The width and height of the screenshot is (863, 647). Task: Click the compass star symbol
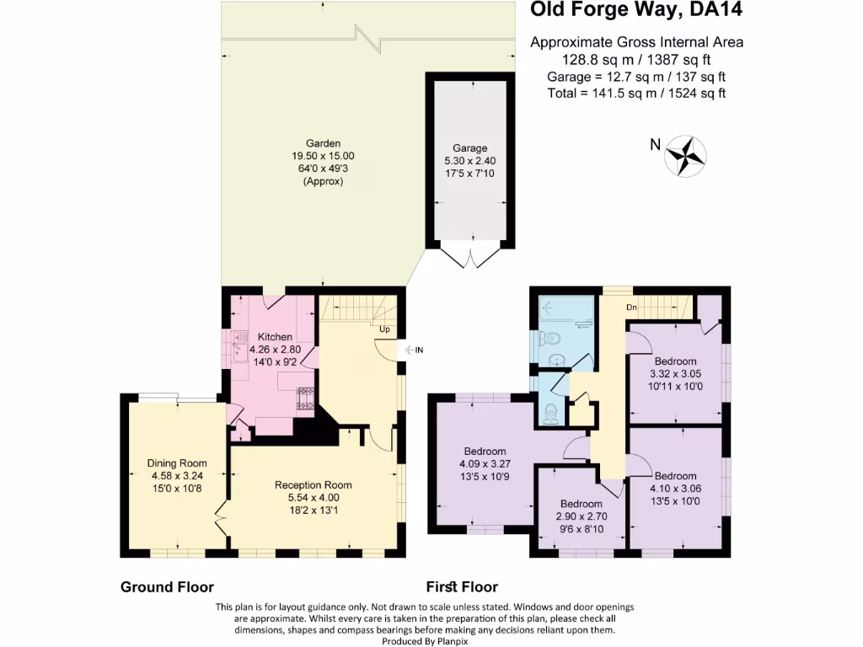(x=685, y=155)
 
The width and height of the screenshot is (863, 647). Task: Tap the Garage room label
(x=468, y=148)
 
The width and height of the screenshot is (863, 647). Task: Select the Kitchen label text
(x=275, y=337)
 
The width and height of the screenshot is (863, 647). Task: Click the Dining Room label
(x=176, y=463)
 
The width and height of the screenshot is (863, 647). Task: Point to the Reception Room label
(x=313, y=484)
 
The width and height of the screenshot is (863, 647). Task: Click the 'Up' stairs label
(x=383, y=329)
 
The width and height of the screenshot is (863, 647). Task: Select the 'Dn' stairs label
(x=631, y=307)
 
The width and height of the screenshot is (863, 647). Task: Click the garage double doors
(x=469, y=255)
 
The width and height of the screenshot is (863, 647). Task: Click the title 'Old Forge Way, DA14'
(x=635, y=11)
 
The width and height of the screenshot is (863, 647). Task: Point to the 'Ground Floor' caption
(x=167, y=587)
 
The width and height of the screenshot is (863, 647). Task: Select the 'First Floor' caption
(x=463, y=587)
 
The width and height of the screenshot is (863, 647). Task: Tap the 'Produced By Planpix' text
(x=416, y=641)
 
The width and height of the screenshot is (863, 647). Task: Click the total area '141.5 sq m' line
(x=636, y=94)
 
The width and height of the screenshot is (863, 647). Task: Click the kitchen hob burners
(x=303, y=398)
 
